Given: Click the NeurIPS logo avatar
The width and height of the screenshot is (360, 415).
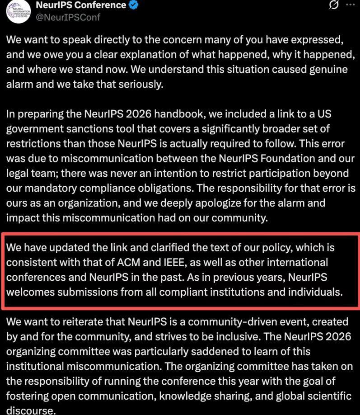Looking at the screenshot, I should point(18,11).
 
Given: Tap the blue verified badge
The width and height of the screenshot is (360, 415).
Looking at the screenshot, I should point(134,5).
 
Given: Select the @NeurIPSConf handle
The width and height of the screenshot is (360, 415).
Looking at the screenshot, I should point(68,18).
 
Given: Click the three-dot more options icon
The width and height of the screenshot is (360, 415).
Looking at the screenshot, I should point(350,5).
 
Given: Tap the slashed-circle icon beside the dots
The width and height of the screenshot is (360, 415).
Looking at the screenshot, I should point(334,5).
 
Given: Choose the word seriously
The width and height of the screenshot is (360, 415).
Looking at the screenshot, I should point(141,85).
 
